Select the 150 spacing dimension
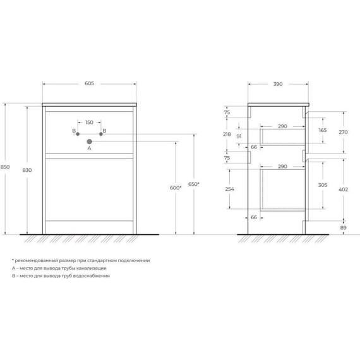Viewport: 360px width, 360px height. (x=89, y=121)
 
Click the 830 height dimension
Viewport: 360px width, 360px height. (x=28, y=171)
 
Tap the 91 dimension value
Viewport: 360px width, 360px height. (x=239, y=136)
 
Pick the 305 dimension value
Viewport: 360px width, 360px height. (x=323, y=185)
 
